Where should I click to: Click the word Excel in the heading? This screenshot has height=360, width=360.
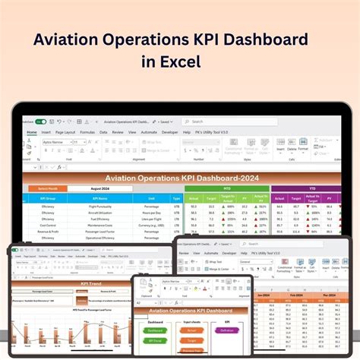tap(181, 62)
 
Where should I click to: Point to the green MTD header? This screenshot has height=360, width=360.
tap(226, 189)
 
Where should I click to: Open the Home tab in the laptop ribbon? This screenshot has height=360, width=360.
tap(32, 132)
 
